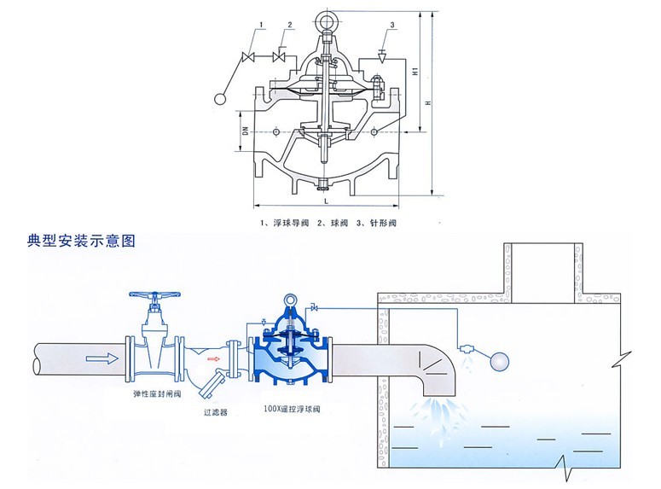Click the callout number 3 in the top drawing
point(391,26)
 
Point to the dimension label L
point(327,201)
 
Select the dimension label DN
point(244,132)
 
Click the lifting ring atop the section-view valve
point(328,18)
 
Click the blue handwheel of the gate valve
point(154,300)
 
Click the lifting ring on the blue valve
point(292,300)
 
